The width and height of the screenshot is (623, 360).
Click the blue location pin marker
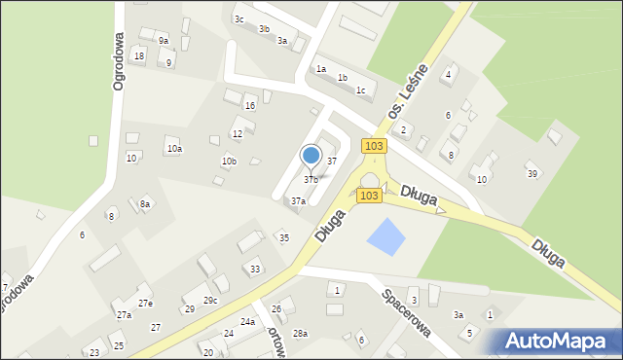point(311,156)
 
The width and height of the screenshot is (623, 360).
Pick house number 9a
point(164,41)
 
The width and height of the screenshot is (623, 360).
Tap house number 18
point(139,56)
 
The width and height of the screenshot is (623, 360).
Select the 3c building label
point(238,18)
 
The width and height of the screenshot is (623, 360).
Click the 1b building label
point(342,78)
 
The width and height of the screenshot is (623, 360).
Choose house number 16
point(250,105)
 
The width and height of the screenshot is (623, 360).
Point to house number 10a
point(174,149)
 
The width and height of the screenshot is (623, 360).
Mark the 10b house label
point(229,162)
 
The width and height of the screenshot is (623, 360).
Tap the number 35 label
point(284,237)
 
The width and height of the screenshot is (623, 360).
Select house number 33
point(255,269)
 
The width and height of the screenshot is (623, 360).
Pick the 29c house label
point(210,301)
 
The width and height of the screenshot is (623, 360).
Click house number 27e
point(145,304)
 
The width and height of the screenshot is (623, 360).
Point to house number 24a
point(248,322)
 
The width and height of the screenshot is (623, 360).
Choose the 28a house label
point(300,333)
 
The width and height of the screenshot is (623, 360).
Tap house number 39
point(532,173)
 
